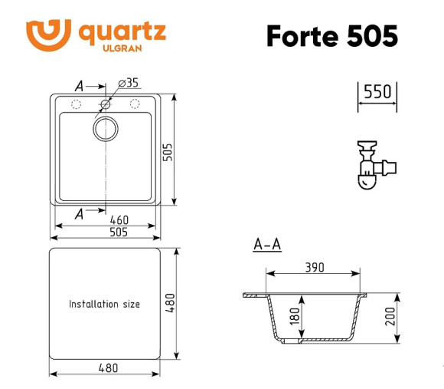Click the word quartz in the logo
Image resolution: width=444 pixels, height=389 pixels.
click(122, 32)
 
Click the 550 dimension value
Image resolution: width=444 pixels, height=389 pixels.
click(377, 92)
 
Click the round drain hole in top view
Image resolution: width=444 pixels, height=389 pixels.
click(105, 129)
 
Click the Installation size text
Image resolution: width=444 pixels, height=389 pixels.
click(105, 305)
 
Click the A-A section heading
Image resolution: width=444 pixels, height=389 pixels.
click(267, 246)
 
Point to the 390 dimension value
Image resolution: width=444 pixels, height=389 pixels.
click(314, 268)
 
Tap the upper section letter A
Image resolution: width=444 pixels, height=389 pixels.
click(79, 85)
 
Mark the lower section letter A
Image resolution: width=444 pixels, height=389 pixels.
click(79, 215)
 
